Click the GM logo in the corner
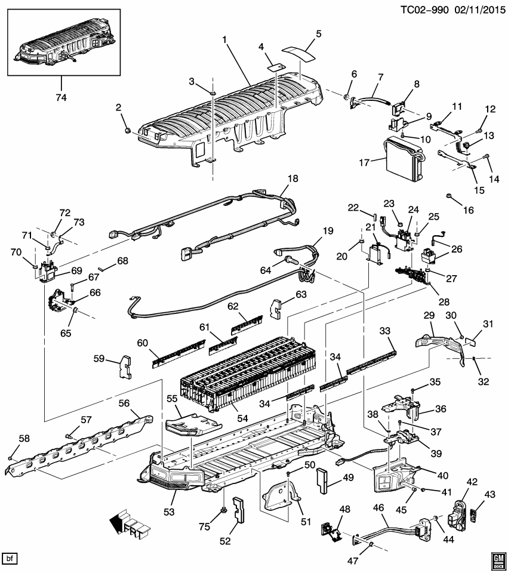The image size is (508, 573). click(x=494, y=557)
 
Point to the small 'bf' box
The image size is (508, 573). click(x=10, y=559)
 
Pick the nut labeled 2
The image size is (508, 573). click(x=127, y=130)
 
